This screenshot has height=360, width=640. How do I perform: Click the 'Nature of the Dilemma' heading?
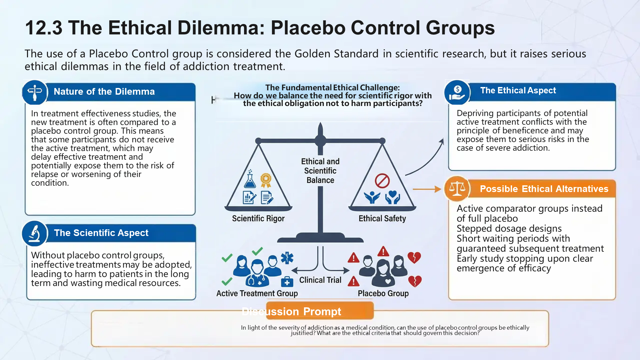104,92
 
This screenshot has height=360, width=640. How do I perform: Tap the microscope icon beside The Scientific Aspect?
34,233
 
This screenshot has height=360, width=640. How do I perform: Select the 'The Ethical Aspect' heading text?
518,91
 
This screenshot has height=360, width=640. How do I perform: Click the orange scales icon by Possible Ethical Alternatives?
457,189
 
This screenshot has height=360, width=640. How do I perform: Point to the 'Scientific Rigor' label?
258,219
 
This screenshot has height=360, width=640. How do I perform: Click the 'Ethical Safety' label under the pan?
382,219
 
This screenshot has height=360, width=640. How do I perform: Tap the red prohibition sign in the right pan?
382,181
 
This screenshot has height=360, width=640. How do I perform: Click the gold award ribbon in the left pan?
266,180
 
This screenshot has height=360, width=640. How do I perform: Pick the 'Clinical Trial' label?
320,280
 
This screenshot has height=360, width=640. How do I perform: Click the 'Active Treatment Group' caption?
257,293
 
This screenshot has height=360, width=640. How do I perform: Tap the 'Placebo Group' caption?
383,293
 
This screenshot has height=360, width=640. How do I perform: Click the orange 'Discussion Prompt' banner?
320,311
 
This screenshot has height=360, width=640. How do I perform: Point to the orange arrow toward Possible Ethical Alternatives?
427,189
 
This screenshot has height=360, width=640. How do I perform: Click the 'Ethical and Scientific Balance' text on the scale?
320,171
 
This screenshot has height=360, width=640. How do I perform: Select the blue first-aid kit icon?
287,282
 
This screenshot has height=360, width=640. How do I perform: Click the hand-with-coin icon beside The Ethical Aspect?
457,92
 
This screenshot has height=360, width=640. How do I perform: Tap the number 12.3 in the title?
43,28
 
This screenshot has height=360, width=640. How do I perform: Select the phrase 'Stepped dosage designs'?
509,229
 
